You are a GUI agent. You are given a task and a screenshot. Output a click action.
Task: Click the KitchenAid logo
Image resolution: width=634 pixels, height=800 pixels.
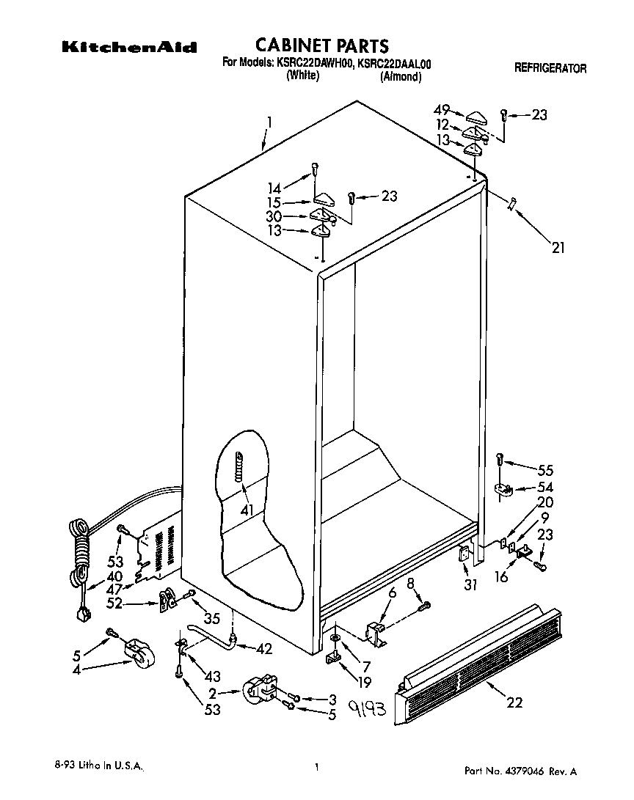pyautogui.click(x=128, y=48)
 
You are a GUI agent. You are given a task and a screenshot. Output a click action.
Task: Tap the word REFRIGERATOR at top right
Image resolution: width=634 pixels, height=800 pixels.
pyautogui.click(x=550, y=69)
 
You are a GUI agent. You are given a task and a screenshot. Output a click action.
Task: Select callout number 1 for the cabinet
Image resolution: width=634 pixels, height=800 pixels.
pyautogui.click(x=269, y=124)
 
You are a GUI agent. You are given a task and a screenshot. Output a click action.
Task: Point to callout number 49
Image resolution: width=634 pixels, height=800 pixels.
pyautogui.click(x=440, y=111)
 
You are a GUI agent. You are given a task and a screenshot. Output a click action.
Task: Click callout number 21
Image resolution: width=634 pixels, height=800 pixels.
pyautogui.click(x=558, y=249)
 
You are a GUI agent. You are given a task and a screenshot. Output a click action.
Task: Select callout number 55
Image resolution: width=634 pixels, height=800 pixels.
pyautogui.click(x=545, y=470)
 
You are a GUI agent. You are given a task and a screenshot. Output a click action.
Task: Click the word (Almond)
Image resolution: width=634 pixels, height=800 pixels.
pyautogui.click(x=401, y=76)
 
